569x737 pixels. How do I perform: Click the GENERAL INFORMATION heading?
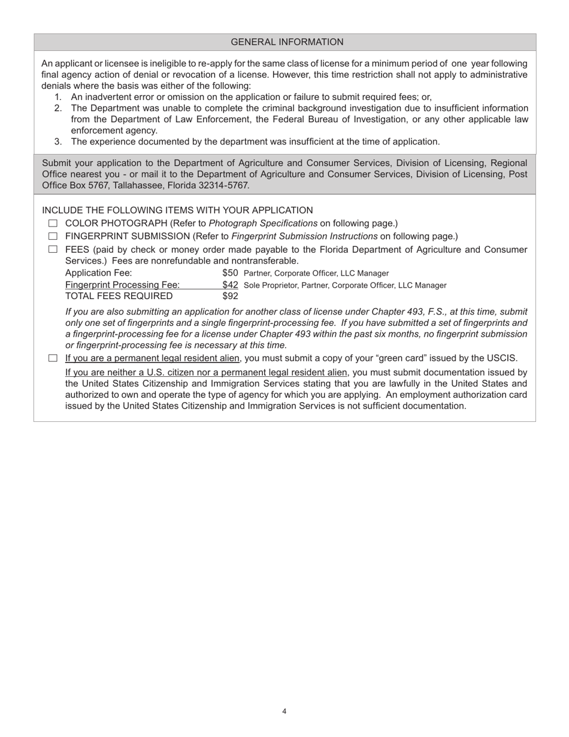[287, 42]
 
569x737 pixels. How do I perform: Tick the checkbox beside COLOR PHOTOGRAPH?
[53, 223]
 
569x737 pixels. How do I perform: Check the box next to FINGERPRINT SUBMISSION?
[53, 237]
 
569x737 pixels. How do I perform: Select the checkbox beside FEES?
[53, 249]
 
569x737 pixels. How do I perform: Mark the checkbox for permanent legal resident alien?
[53, 358]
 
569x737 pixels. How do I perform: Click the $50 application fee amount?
[230, 273]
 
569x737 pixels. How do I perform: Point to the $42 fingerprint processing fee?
[230, 285]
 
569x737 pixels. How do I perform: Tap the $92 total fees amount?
[230, 296]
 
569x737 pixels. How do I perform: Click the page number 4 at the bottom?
[284, 711]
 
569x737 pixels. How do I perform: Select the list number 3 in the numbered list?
[57, 141]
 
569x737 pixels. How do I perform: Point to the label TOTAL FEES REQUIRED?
[119, 296]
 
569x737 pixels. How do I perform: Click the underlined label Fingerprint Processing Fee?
[122, 285]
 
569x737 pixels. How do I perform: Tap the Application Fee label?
[98, 273]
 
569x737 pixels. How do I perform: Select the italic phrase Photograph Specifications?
[263, 223]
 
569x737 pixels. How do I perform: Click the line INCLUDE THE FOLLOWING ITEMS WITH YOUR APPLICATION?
[177, 210]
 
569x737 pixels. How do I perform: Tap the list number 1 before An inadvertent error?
[57, 97]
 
